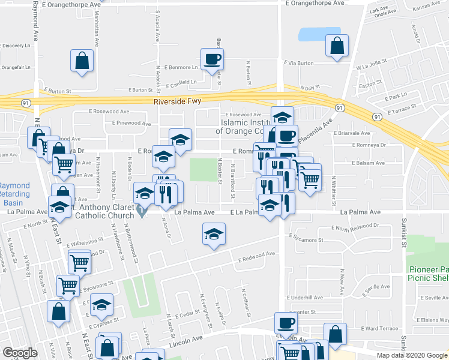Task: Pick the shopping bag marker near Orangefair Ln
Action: [82, 61]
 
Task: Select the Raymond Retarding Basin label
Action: [14, 193]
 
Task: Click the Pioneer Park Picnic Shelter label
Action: [429, 274]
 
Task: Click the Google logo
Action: [20, 353]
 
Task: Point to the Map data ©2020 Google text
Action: [412, 355]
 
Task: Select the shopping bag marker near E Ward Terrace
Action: [335, 334]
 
